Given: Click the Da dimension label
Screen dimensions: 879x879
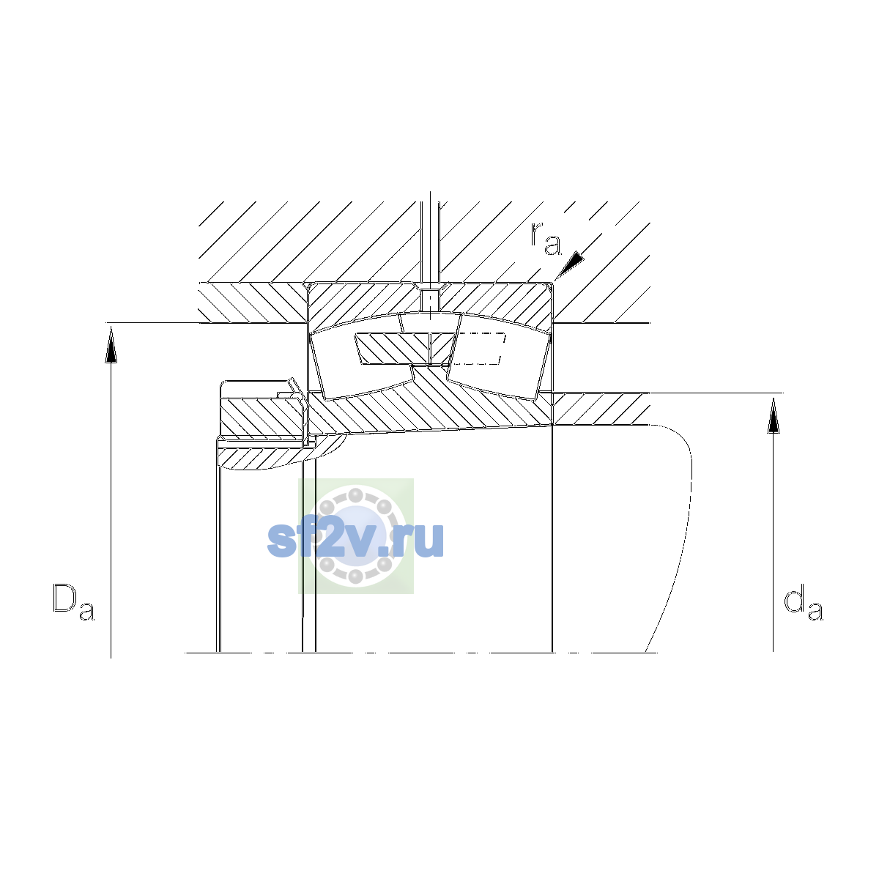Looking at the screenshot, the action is coord(73,601).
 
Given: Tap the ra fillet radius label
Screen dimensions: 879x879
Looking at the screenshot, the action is coord(546,239).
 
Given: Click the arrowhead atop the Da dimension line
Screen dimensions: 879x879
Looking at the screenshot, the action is coord(111,346).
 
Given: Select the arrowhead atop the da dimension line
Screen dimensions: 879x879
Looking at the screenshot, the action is coord(774,415).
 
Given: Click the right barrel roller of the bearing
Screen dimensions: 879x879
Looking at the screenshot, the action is coord(498,357).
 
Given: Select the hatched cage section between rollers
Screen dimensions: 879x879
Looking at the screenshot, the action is coord(405,349).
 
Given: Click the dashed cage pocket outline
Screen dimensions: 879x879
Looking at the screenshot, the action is coord(478,349).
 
